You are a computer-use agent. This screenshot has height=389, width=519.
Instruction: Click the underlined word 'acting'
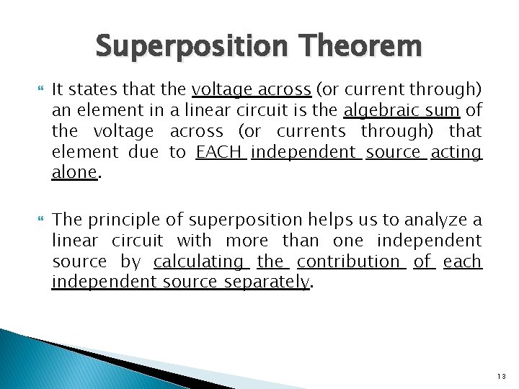click(456, 152)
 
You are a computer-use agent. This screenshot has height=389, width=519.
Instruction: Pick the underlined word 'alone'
click(74, 173)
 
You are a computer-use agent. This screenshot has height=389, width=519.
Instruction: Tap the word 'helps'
click(316, 220)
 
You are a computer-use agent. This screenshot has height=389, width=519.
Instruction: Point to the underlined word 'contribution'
click(348, 261)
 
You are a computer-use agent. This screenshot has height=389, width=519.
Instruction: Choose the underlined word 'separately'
click(267, 282)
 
